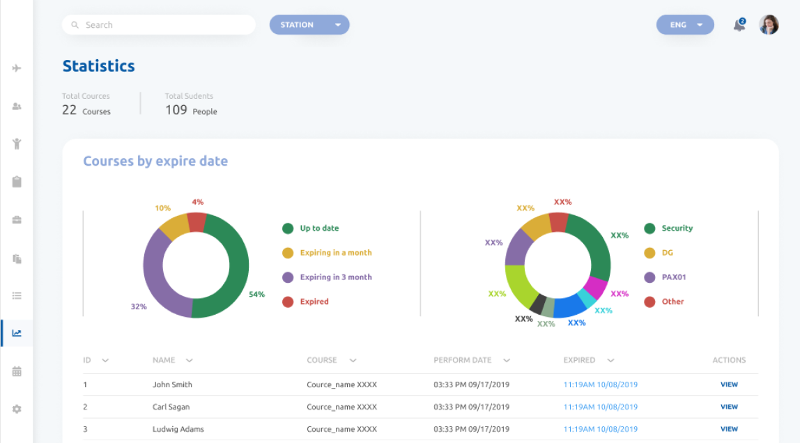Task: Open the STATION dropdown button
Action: pos(309,25)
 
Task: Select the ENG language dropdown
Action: pos(685,25)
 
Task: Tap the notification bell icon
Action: pos(739,26)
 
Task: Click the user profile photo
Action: pos(769,25)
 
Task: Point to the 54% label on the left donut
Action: pos(256,295)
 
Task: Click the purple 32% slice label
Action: pos(139,306)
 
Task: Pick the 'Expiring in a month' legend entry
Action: pos(335,253)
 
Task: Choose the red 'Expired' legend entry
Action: pos(314,302)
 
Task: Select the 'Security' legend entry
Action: pos(677,228)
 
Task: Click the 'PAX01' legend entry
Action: pos(673,277)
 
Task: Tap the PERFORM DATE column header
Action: pos(463,360)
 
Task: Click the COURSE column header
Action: pos(322,360)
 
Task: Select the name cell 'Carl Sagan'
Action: pos(171,407)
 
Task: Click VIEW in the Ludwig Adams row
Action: pos(729,429)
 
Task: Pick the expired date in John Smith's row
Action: pos(600,384)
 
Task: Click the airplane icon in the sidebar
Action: pos(17,68)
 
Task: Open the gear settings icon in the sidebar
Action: pos(17,410)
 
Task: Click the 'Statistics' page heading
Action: pos(98,66)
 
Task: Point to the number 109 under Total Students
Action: pos(176,110)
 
